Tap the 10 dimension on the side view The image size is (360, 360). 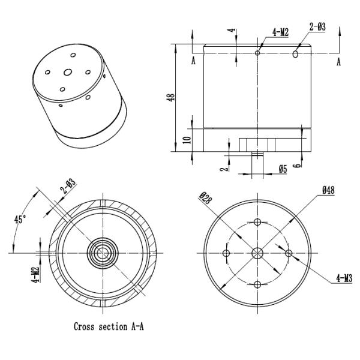[x=187, y=140]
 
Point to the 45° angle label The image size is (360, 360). [x=20, y=220]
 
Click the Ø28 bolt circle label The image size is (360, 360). [x=204, y=198]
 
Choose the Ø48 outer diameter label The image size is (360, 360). [x=328, y=190]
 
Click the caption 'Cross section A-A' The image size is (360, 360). [x=109, y=327]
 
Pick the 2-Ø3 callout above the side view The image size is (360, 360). [x=317, y=28]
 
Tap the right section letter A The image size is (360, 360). [x=339, y=62]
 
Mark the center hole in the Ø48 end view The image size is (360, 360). [x=257, y=253]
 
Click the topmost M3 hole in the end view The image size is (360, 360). [x=257, y=222]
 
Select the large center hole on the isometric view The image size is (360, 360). [x=68, y=72]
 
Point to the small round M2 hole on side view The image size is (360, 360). [x=257, y=53]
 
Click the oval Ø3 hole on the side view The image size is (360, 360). [x=296, y=54]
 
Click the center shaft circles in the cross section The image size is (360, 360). [x=103, y=253]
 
